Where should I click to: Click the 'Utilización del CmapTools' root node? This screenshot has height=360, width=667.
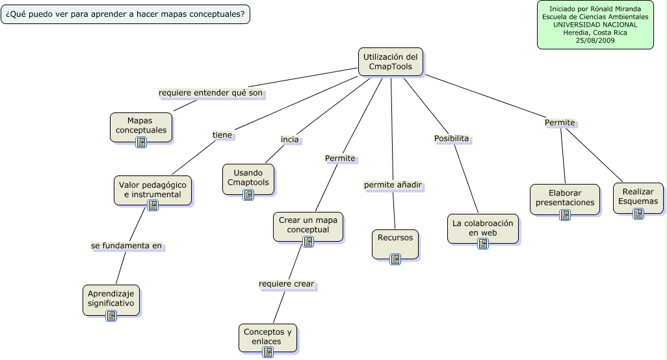[x=390, y=62]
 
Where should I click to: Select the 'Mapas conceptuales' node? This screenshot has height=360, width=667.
[x=141, y=125]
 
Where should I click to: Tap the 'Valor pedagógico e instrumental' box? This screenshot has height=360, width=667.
[x=153, y=189]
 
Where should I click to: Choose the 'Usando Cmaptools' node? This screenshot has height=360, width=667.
[x=248, y=177]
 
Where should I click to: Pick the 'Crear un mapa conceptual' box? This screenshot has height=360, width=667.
[x=308, y=225]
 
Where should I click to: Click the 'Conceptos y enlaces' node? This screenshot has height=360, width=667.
[x=267, y=336]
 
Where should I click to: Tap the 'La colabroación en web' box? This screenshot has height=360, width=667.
[x=482, y=227]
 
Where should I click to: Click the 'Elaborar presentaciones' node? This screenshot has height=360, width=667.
[x=564, y=198]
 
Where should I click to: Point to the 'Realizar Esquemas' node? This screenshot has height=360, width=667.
[x=638, y=196]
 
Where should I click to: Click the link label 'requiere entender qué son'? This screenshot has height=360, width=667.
[x=211, y=93]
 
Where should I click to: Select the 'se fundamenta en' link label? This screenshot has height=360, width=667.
[x=126, y=246]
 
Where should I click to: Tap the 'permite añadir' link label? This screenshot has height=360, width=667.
[x=393, y=185]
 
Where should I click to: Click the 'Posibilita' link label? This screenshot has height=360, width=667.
[x=451, y=138]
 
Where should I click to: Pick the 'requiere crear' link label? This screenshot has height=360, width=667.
[x=286, y=284]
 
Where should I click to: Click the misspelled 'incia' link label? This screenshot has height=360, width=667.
[x=289, y=140]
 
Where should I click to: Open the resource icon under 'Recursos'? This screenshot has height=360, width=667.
[x=395, y=259]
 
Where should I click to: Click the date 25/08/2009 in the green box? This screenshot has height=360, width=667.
[x=595, y=40]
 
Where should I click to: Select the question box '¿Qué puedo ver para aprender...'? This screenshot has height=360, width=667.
[x=125, y=14]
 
